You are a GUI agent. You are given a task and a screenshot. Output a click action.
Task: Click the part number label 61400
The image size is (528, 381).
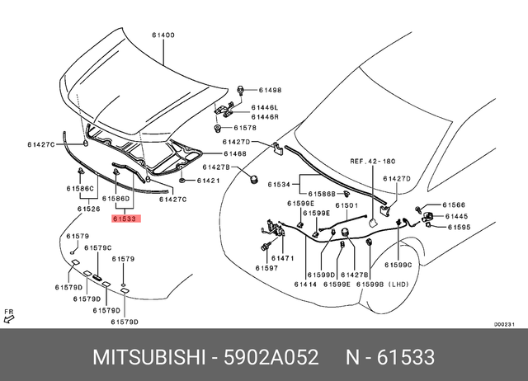pyautogui.click(x=163, y=35)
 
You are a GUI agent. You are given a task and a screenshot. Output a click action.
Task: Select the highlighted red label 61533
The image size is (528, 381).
pyautogui.click(x=126, y=219)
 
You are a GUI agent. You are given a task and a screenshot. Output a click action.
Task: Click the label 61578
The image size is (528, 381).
pyautogui.click(x=245, y=128)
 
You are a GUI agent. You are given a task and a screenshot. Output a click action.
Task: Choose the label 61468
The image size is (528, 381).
pyautogui.click(x=235, y=153)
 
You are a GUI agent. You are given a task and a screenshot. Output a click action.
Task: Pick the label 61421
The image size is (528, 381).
pyautogui.click(x=209, y=180)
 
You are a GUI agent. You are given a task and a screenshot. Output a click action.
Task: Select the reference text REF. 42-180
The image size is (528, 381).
pyautogui.click(x=373, y=162)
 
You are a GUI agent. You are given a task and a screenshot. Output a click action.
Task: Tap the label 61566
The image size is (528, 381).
pyautogui.click(x=455, y=205)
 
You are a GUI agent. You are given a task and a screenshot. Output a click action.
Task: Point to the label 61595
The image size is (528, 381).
pyautogui.click(x=459, y=227)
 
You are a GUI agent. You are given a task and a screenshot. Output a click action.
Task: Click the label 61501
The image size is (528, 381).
pyautogui.click(x=346, y=205)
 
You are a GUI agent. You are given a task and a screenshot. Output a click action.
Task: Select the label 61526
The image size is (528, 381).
pyautogui.click(x=88, y=209)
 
